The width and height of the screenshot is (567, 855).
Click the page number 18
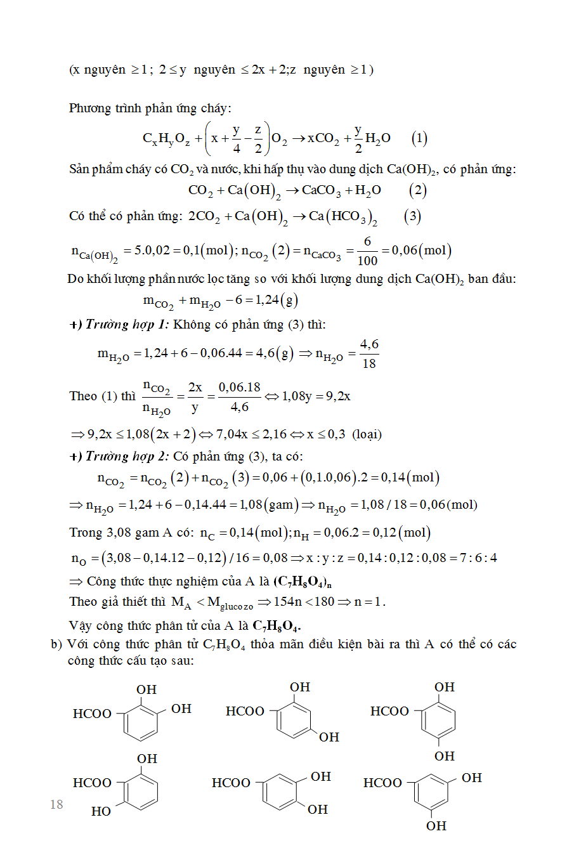56,804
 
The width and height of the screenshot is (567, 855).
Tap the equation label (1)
419,138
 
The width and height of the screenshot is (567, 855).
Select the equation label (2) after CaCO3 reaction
417,190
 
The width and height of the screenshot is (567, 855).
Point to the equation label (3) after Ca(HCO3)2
412,216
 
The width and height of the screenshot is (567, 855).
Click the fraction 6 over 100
367,251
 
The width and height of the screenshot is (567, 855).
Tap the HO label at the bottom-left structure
101,811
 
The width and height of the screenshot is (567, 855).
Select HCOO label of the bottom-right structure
382,783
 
